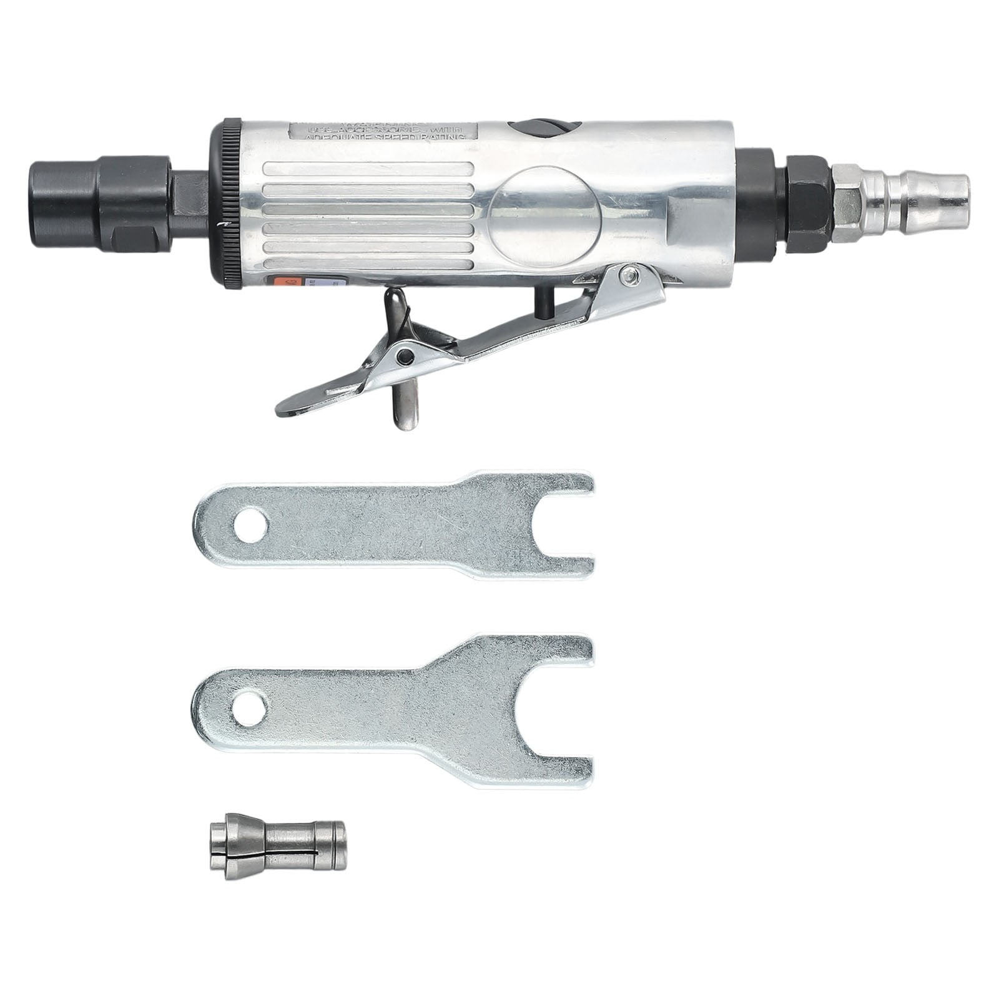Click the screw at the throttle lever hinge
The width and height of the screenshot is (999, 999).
pyautogui.click(x=632, y=272)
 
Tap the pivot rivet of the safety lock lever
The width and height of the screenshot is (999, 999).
pyautogui.click(x=406, y=357)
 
